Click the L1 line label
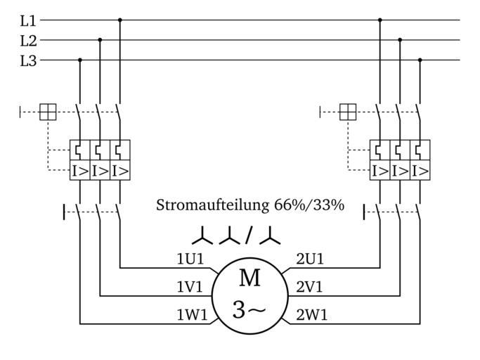pos(27,20)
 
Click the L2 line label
pos(27,40)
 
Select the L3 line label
pos(27,60)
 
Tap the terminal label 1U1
pos(190,259)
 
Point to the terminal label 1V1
pos(190,287)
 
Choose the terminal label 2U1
pos(310,259)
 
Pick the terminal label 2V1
pos(310,287)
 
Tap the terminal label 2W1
pos(311,315)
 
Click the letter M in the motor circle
pos(249,278)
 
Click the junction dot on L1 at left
pos(120,20)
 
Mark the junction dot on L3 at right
pos(420,60)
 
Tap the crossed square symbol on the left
pos(48,112)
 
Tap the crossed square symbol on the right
pos(348,112)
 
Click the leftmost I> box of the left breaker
pos(79,170)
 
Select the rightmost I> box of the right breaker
pos(420,170)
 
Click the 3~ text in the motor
pos(249,309)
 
